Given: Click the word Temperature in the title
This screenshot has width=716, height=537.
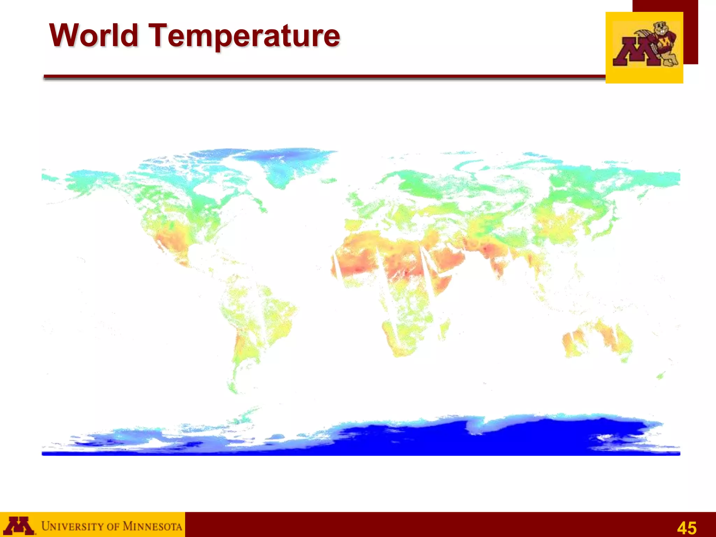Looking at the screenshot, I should pyautogui.click(x=245, y=36).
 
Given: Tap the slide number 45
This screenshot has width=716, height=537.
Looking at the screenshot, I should pyautogui.click(x=687, y=528).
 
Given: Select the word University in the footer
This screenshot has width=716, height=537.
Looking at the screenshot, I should pyautogui.click(x=72, y=526).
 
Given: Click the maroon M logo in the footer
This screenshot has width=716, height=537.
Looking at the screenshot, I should pyautogui.click(x=20, y=525).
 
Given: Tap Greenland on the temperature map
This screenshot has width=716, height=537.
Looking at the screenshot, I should pyautogui.click(x=283, y=164).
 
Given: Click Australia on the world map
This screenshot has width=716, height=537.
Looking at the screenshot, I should pyautogui.click(x=598, y=339).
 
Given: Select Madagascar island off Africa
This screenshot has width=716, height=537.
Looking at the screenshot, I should pyautogui.click(x=443, y=329).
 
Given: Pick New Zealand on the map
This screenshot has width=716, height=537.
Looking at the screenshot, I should pyautogui.click(x=660, y=376).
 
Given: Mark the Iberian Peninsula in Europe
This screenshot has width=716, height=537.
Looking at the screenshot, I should pyautogui.click(x=353, y=224).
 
